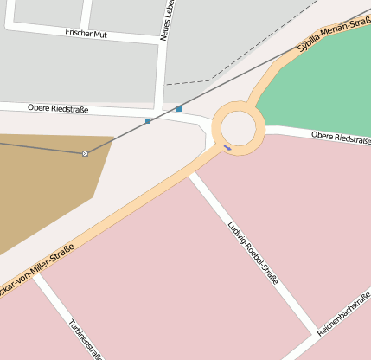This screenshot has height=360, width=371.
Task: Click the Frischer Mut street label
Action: coord(85,32)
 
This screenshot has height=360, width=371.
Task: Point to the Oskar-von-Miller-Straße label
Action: coord(35,270)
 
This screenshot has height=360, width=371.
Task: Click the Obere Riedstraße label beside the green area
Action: coord(341,138)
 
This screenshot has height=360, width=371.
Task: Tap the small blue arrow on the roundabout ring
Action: coord(227,147)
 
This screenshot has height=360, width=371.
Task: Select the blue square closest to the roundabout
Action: coord(179,109)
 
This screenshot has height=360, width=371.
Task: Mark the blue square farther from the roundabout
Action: coord(148,120)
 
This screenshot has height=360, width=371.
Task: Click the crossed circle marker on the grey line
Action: coord(85,153)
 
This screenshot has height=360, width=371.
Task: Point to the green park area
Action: coord(320,87)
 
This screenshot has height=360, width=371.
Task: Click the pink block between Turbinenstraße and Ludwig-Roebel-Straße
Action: coord(164,268)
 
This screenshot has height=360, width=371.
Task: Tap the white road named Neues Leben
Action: coord(163,69)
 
